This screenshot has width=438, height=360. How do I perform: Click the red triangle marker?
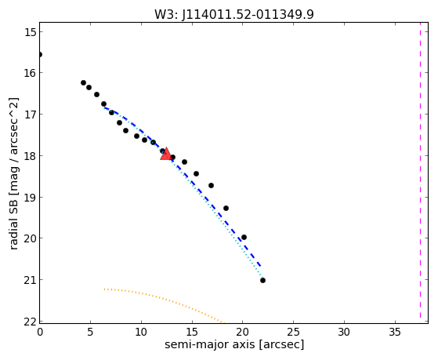[166, 154]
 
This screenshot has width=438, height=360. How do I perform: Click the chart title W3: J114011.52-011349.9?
[234, 14]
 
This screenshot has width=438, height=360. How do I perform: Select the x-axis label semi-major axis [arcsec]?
[234, 344]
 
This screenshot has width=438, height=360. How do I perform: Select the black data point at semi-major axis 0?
[40, 54]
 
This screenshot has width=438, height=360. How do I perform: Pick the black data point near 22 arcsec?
[262, 280]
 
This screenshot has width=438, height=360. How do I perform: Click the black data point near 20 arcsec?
[244, 237]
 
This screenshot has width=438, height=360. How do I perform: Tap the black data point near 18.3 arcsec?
[226, 208]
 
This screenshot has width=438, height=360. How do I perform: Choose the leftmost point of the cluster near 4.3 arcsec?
[83, 82]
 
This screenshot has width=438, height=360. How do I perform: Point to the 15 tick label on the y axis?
[30, 32]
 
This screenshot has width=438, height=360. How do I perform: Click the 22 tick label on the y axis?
[30, 322]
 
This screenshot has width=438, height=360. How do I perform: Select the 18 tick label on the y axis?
[30, 156]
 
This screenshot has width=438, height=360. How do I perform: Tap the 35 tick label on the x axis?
[395, 332]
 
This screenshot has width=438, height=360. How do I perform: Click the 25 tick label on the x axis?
[293, 332]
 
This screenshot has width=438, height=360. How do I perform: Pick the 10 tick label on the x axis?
[141, 332]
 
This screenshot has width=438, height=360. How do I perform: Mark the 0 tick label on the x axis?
[40, 332]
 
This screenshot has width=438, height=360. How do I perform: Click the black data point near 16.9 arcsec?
[212, 185]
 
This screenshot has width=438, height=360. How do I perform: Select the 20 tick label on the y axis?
[30, 238]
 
